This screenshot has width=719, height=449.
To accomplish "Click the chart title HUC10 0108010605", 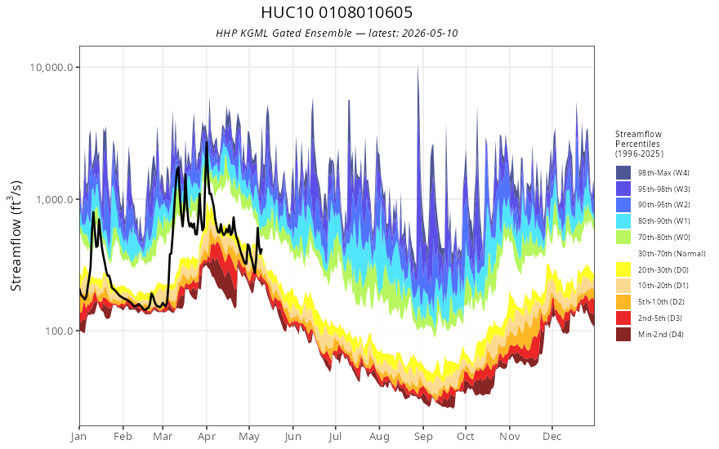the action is click(x=337, y=12).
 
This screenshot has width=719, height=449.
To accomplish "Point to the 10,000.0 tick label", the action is click(x=51, y=67).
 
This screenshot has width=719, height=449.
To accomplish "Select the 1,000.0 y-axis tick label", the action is click(x=55, y=199).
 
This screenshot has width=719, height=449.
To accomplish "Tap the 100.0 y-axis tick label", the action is click(x=59, y=331).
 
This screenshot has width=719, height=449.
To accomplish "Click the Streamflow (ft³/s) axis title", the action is click(x=16, y=235).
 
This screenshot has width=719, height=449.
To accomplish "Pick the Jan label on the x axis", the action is click(x=79, y=436).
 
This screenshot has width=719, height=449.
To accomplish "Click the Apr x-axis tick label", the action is click(x=207, y=436).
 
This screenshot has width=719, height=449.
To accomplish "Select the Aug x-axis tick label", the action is click(x=379, y=436).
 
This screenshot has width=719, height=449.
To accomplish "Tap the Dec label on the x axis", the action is click(x=552, y=436).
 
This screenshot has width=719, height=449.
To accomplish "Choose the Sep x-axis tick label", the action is click(x=423, y=436).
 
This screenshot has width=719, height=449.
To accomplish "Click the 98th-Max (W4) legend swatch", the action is click(x=623, y=173).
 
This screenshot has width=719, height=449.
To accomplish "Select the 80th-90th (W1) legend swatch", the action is click(x=623, y=221).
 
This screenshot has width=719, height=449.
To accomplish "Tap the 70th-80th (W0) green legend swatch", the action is click(x=623, y=237).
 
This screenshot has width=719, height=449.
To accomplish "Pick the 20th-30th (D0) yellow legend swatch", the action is click(x=623, y=269).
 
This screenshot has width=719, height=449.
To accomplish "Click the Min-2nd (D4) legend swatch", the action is click(x=623, y=334).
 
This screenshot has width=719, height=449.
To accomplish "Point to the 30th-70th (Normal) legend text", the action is click(x=672, y=253).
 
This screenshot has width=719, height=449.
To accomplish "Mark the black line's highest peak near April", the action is click(x=207, y=143).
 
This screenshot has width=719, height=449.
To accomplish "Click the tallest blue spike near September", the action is click(x=418, y=66).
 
